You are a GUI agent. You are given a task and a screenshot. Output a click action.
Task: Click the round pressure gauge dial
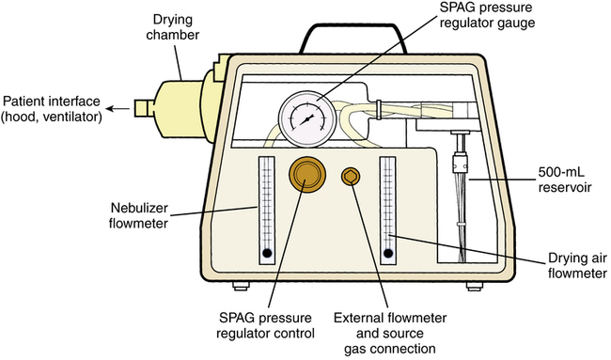pyautogui.click(x=307, y=118)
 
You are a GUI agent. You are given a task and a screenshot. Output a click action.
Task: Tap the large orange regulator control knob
pyautogui.click(x=307, y=175)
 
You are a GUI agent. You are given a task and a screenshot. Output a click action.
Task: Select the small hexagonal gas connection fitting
pyautogui.click(x=351, y=177)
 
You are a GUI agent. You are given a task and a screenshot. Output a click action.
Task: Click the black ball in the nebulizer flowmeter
pyautogui.click(x=267, y=253)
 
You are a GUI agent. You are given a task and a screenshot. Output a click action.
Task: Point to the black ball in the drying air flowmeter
pyautogui.click(x=388, y=254)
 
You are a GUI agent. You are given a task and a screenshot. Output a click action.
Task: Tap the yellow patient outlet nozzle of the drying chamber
pyautogui.click(x=145, y=108)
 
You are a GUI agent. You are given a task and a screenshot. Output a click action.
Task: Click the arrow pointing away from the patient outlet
pyautogui.click(x=118, y=108)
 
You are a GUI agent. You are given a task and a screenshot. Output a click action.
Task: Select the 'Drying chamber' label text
pyautogui.click(x=172, y=27)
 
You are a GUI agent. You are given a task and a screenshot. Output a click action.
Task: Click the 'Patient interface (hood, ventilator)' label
pyautogui.click(x=51, y=109)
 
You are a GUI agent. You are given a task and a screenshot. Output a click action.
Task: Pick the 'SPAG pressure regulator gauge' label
pyautogui.click(x=487, y=15)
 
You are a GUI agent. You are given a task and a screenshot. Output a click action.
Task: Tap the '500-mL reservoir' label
pyautogui.click(x=565, y=180)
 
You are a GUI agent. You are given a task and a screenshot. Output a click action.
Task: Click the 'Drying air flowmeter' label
pyautogui.click(x=577, y=265)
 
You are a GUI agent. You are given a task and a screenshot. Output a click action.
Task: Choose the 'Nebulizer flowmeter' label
pyautogui.click(x=139, y=215)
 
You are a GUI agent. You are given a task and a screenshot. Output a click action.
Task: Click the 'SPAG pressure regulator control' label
pyautogui.click(x=265, y=326)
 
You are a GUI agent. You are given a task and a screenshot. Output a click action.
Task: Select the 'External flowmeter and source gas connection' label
pyautogui.click(x=390, y=334)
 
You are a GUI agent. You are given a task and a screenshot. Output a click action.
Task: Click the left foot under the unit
pyautogui.click(x=241, y=287)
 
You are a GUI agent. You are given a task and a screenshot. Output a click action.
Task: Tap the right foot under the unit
pyautogui.click(x=475, y=287)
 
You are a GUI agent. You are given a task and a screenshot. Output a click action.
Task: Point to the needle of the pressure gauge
pyautogui.click(x=306, y=119)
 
